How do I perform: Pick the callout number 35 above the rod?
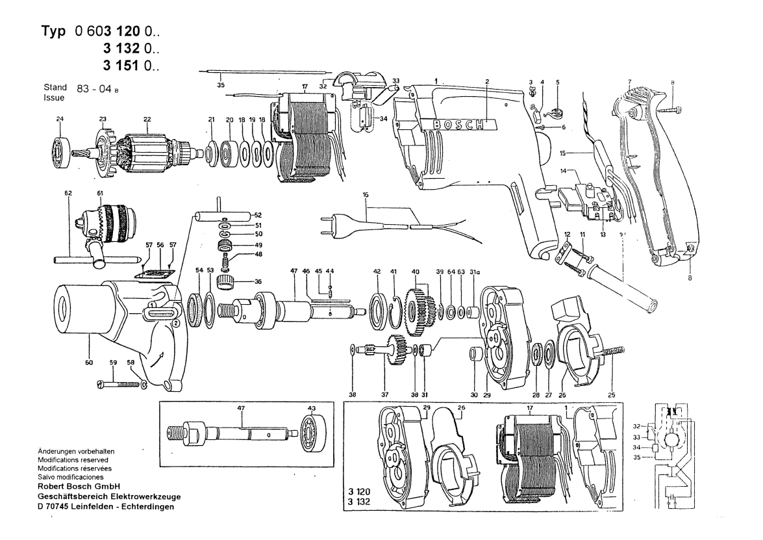pos(221,84)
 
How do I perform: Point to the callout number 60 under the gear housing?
pos(88,363)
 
